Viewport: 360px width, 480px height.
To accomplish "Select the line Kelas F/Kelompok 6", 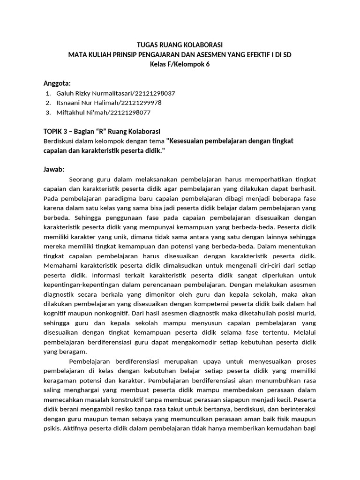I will pyautogui.click(x=180, y=64).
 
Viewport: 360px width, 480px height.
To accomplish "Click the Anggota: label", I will pyautogui.click(x=57, y=83).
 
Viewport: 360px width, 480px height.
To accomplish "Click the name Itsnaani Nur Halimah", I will pyautogui.click(x=87, y=103).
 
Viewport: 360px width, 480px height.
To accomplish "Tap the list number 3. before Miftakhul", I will pyautogui.click(x=48, y=112).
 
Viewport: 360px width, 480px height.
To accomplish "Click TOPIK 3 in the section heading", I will pyautogui.click(x=55, y=131).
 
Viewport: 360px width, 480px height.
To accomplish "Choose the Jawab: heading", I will pyautogui.click(x=54, y=169).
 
